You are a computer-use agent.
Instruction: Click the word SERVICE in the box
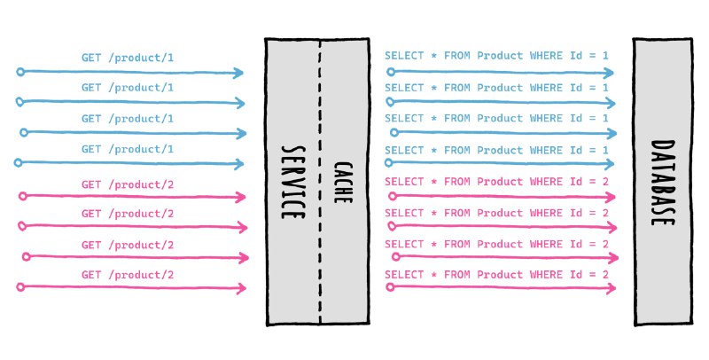click(x=292, y=183)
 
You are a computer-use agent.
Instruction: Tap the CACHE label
click(x=343, y=183)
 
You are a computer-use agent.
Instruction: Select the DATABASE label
click(x=663, y=183)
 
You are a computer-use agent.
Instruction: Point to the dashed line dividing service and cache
click(x=320, y=182)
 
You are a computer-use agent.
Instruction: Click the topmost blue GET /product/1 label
click(x=128, y=58)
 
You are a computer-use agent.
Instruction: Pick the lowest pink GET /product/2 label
click(x=128, y=275)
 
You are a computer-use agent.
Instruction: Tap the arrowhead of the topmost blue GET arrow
click(x=238, y=73)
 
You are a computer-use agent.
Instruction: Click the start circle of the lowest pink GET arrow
click(x=20, y=286)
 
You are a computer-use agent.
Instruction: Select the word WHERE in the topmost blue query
click(x=546, y=56)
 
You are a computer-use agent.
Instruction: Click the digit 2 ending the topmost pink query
click(x=605, y=182)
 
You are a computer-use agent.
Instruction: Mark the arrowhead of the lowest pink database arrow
click(x=611, y=287)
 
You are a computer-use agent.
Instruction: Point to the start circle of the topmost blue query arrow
click(x=391, y=72)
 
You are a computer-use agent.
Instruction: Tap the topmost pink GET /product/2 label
click(x=128, y=185)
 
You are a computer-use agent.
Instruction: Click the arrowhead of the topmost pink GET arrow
click(x=240, y=197)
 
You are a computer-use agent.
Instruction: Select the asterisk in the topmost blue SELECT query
click(x=434, y=56)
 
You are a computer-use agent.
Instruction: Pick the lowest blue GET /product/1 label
click(x=128, y=149)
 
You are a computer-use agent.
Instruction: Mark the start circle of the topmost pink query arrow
click(x=393, y=196)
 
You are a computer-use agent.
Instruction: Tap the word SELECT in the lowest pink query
click(x=404, y=275)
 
